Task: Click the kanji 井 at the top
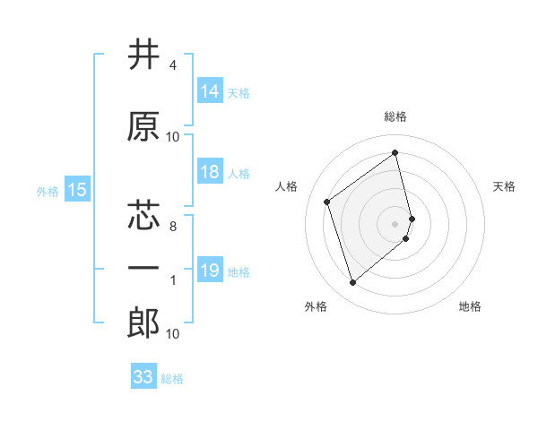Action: pyautogui.click(x=143, y=56)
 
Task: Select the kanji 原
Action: pyautogui.click(x=143, y=126)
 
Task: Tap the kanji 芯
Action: pyautogui.click(x=143, y=216)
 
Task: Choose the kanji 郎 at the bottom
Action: pyautogui.click(x=143, y=323)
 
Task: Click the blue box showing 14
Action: pyautogui.click(x=210, y=91)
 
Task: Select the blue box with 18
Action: pyautogui.click(x=210, y=173)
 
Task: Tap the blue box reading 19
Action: pyautogui.click(x=210, y=271)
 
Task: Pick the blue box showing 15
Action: pyautogui.click(x=77, y=190)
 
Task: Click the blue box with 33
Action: pyautogui.click(x=143, y=377)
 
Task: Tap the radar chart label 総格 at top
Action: pyautogui.click(x=395, y=116)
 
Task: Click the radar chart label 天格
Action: pyautogui.click(x=504, y=186)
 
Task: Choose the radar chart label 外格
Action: pyautogui.click(x=316, y=306)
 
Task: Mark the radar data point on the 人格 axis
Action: pyautogui.click(x=327, y=202)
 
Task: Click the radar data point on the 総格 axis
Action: pyautogui.click(x=395, y=153)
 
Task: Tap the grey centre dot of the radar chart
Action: pyautogui.click(x=395, y=223)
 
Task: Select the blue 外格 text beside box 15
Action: pyautogui.click(x=47, y=191)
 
